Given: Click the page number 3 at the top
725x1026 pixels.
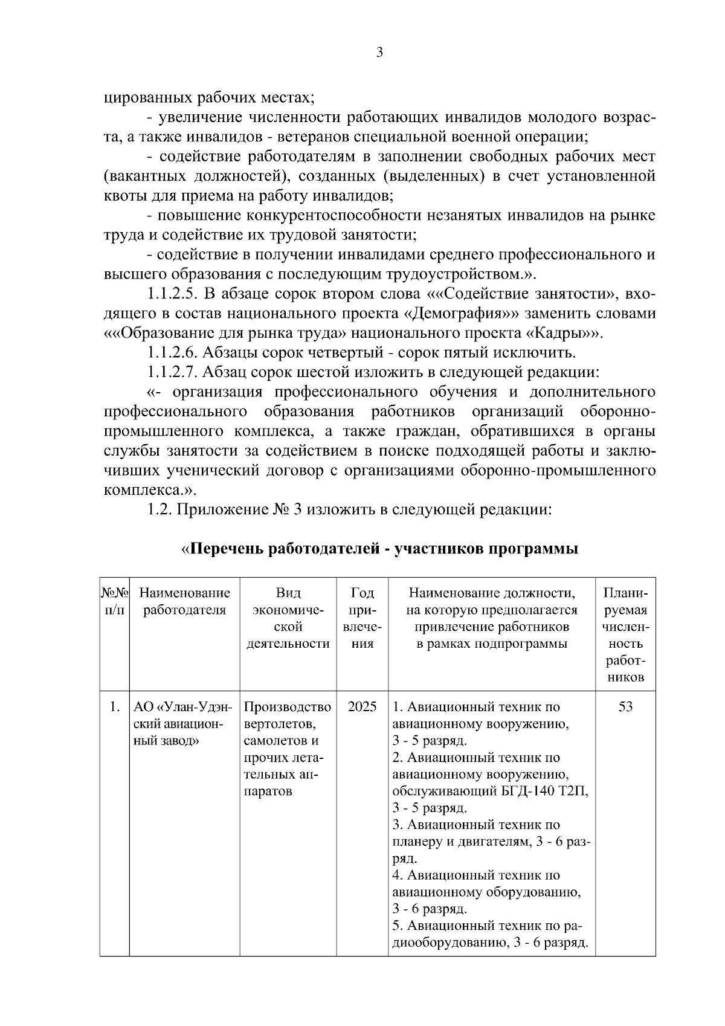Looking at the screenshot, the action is [379, 53].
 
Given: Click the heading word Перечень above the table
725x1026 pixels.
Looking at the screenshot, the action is [227, 549].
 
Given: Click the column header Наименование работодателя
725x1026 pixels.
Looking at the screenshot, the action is [184, 601].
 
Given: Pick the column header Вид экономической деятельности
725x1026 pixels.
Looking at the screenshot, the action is [288, 618].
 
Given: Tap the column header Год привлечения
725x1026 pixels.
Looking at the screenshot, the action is [362, 618].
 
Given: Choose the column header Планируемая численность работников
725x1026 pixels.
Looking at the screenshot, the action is [625, 634].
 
